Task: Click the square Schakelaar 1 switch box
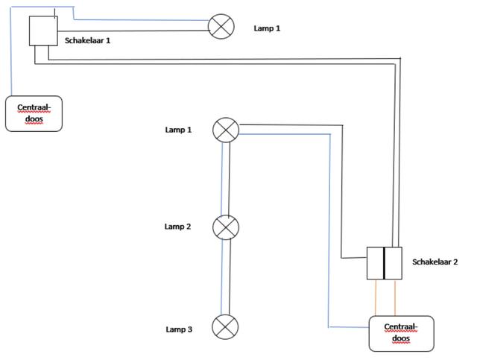42,31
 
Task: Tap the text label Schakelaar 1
88,40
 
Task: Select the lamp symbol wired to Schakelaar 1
220,27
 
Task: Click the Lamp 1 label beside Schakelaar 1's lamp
267,28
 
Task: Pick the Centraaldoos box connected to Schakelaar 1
34,113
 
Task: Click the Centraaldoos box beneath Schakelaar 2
401,333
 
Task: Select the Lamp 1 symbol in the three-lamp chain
226,130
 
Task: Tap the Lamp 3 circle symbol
225,326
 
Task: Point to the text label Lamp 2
178,226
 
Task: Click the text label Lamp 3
178,329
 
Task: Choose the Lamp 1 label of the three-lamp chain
178,130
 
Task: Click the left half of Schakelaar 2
376,263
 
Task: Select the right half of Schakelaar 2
394,263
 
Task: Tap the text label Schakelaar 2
435,262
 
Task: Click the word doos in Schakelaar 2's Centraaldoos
400,339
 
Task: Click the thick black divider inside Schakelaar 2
385,263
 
